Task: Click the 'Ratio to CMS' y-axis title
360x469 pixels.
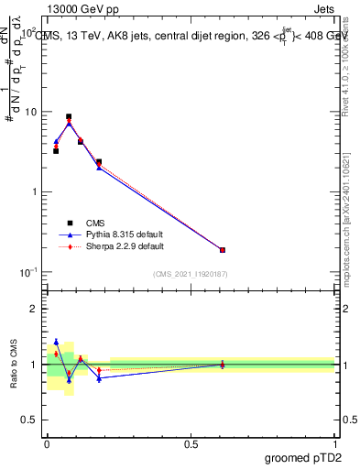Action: (x=14, y=364)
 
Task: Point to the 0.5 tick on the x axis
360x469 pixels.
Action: (x=191, y=443)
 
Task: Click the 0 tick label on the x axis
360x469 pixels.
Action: (x=47, y=443)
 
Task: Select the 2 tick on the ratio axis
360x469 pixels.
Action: (x=33, y=310)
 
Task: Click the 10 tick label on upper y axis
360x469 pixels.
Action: (x=30, y=112)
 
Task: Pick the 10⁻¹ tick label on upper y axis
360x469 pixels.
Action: (x=28, y=272)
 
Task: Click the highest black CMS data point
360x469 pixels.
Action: (x=69, y=117)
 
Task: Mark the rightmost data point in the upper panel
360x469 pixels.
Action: (x=223, y=249)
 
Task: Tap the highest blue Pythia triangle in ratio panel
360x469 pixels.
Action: (x=56, y=342)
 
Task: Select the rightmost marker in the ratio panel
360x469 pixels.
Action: (x=223, y=365)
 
